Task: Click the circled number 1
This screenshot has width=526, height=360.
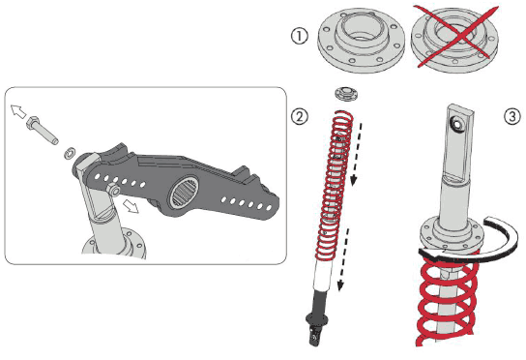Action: coord(299,36)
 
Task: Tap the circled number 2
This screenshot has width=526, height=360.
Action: coord(299,116)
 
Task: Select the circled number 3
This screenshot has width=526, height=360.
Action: coord(512,117)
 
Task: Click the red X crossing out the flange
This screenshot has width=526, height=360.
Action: coord(455,36)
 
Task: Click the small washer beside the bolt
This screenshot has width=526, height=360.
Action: coord(70,153)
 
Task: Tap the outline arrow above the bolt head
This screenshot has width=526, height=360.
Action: coord(17,111)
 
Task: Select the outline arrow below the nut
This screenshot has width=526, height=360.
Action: coord(131,205)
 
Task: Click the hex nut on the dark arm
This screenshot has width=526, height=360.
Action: coord(113,190)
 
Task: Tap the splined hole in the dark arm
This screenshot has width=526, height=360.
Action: coord(185,193)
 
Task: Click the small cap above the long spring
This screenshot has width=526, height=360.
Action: coord(347,94)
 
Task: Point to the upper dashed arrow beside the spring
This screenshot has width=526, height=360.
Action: coord(357,155)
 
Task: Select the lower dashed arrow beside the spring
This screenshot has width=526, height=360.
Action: coord(344,259)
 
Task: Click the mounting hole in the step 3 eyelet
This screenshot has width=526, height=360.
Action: coord(456,125)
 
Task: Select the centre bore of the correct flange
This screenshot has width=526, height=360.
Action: coord(362,29)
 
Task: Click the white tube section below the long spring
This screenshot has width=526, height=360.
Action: coord(323,276)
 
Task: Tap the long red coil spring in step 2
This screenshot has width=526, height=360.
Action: coord(334,186)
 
